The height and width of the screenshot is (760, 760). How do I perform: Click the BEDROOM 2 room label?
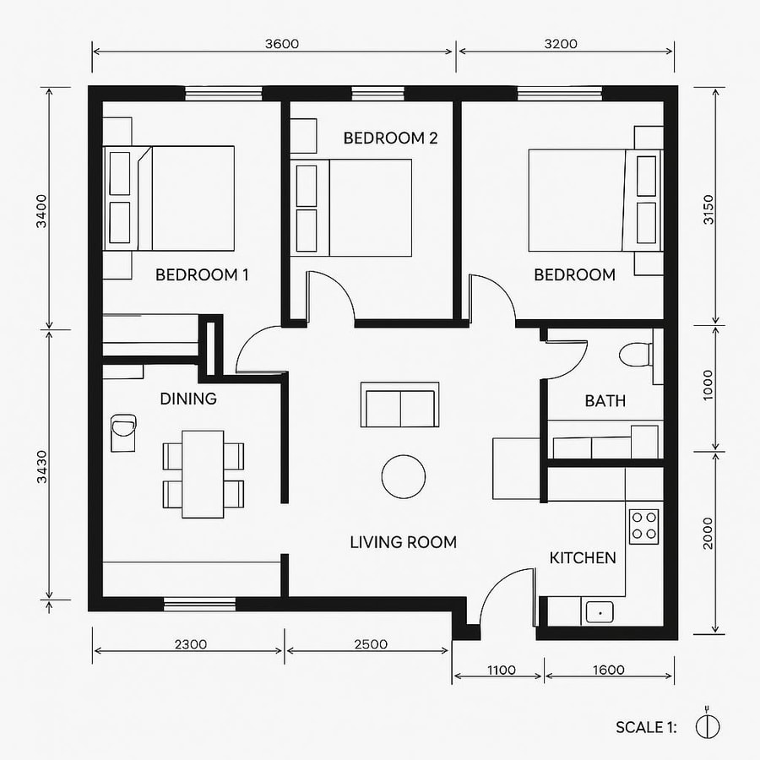pos(389,138)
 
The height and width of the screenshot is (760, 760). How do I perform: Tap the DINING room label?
pos(188,399)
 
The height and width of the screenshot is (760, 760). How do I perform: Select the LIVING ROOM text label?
pos(403,542)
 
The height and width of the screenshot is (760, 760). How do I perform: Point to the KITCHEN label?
pos(583,558)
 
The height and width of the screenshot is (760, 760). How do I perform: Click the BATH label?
pos(605,401)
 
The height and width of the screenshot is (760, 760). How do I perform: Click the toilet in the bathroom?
pos(636,353)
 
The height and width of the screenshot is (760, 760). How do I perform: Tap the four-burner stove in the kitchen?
pos(644,524)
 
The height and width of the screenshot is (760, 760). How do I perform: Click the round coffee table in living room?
pos(404,477)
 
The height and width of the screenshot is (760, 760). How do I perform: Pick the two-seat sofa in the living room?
pos(399,405)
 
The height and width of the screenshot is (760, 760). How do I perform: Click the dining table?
pos(204,474)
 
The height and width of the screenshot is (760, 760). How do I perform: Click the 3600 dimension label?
pos(280,44)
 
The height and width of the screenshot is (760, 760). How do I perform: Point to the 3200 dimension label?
pos(561,44)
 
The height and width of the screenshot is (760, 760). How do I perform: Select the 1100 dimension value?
pos(500,670)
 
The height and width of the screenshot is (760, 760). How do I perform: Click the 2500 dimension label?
pos(370,644)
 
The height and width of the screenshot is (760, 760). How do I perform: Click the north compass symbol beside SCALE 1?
pos(708,725)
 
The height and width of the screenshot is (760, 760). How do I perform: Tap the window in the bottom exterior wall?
pos(199,603)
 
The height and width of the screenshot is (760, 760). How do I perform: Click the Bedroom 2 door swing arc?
pos(330,295)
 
